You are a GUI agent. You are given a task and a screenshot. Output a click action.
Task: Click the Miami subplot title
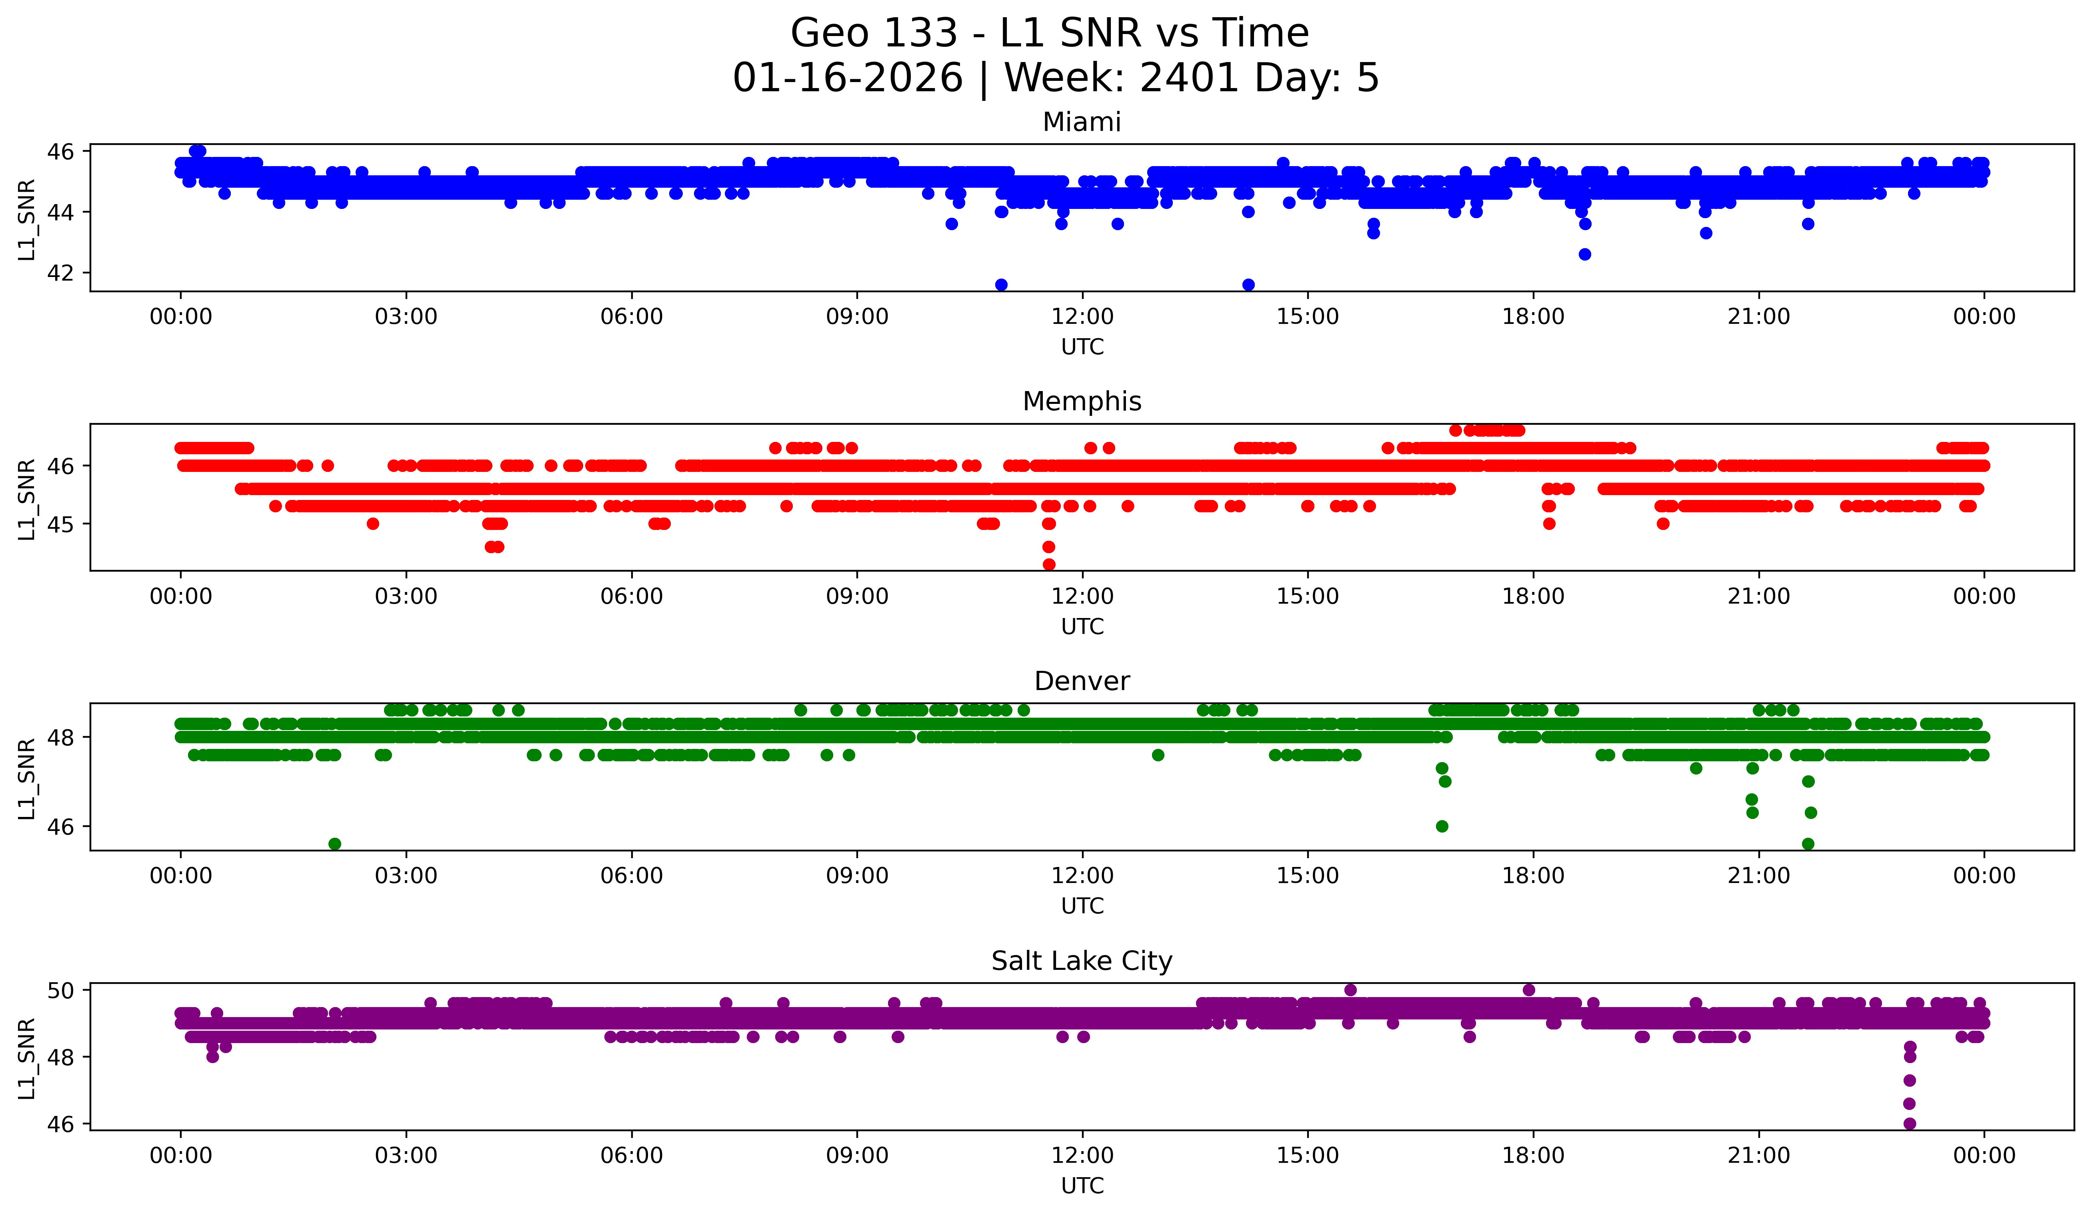pyautogui.click(x=1082, y=122)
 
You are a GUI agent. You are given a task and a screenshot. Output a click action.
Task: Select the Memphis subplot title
pyautogui.click(x=1082, y=401)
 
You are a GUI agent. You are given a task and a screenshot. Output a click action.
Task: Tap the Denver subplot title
pyautogui.click(x=1082, y=681)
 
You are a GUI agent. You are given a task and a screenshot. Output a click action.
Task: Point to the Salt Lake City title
pyautogui.click(x=1082, y=961)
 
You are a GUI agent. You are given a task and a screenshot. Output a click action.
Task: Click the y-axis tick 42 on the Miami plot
pyautogui.click(x=60, y=273)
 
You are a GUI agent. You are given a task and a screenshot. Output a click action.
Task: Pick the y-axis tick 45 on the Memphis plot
pyautogui.click(x=60, y=524)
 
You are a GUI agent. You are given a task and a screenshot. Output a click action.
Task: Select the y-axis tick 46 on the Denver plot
pyautogui.click(x=60, y=827)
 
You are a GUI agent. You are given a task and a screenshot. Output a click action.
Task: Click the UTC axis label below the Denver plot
pyautogui.click(x=1082, y=906)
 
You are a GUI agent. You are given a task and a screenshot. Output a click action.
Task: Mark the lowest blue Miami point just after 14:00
pyautogui.click(x=1248, y=285)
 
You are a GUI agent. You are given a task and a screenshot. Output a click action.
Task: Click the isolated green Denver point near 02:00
pyautogui.click(x=334, y=844)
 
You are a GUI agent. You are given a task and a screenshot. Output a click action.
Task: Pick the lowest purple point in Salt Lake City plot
pyautogui.click(x=1909, y=1124)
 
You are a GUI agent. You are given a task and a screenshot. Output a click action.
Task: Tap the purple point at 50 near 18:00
pyautogui.click(x=1528, y=990)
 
